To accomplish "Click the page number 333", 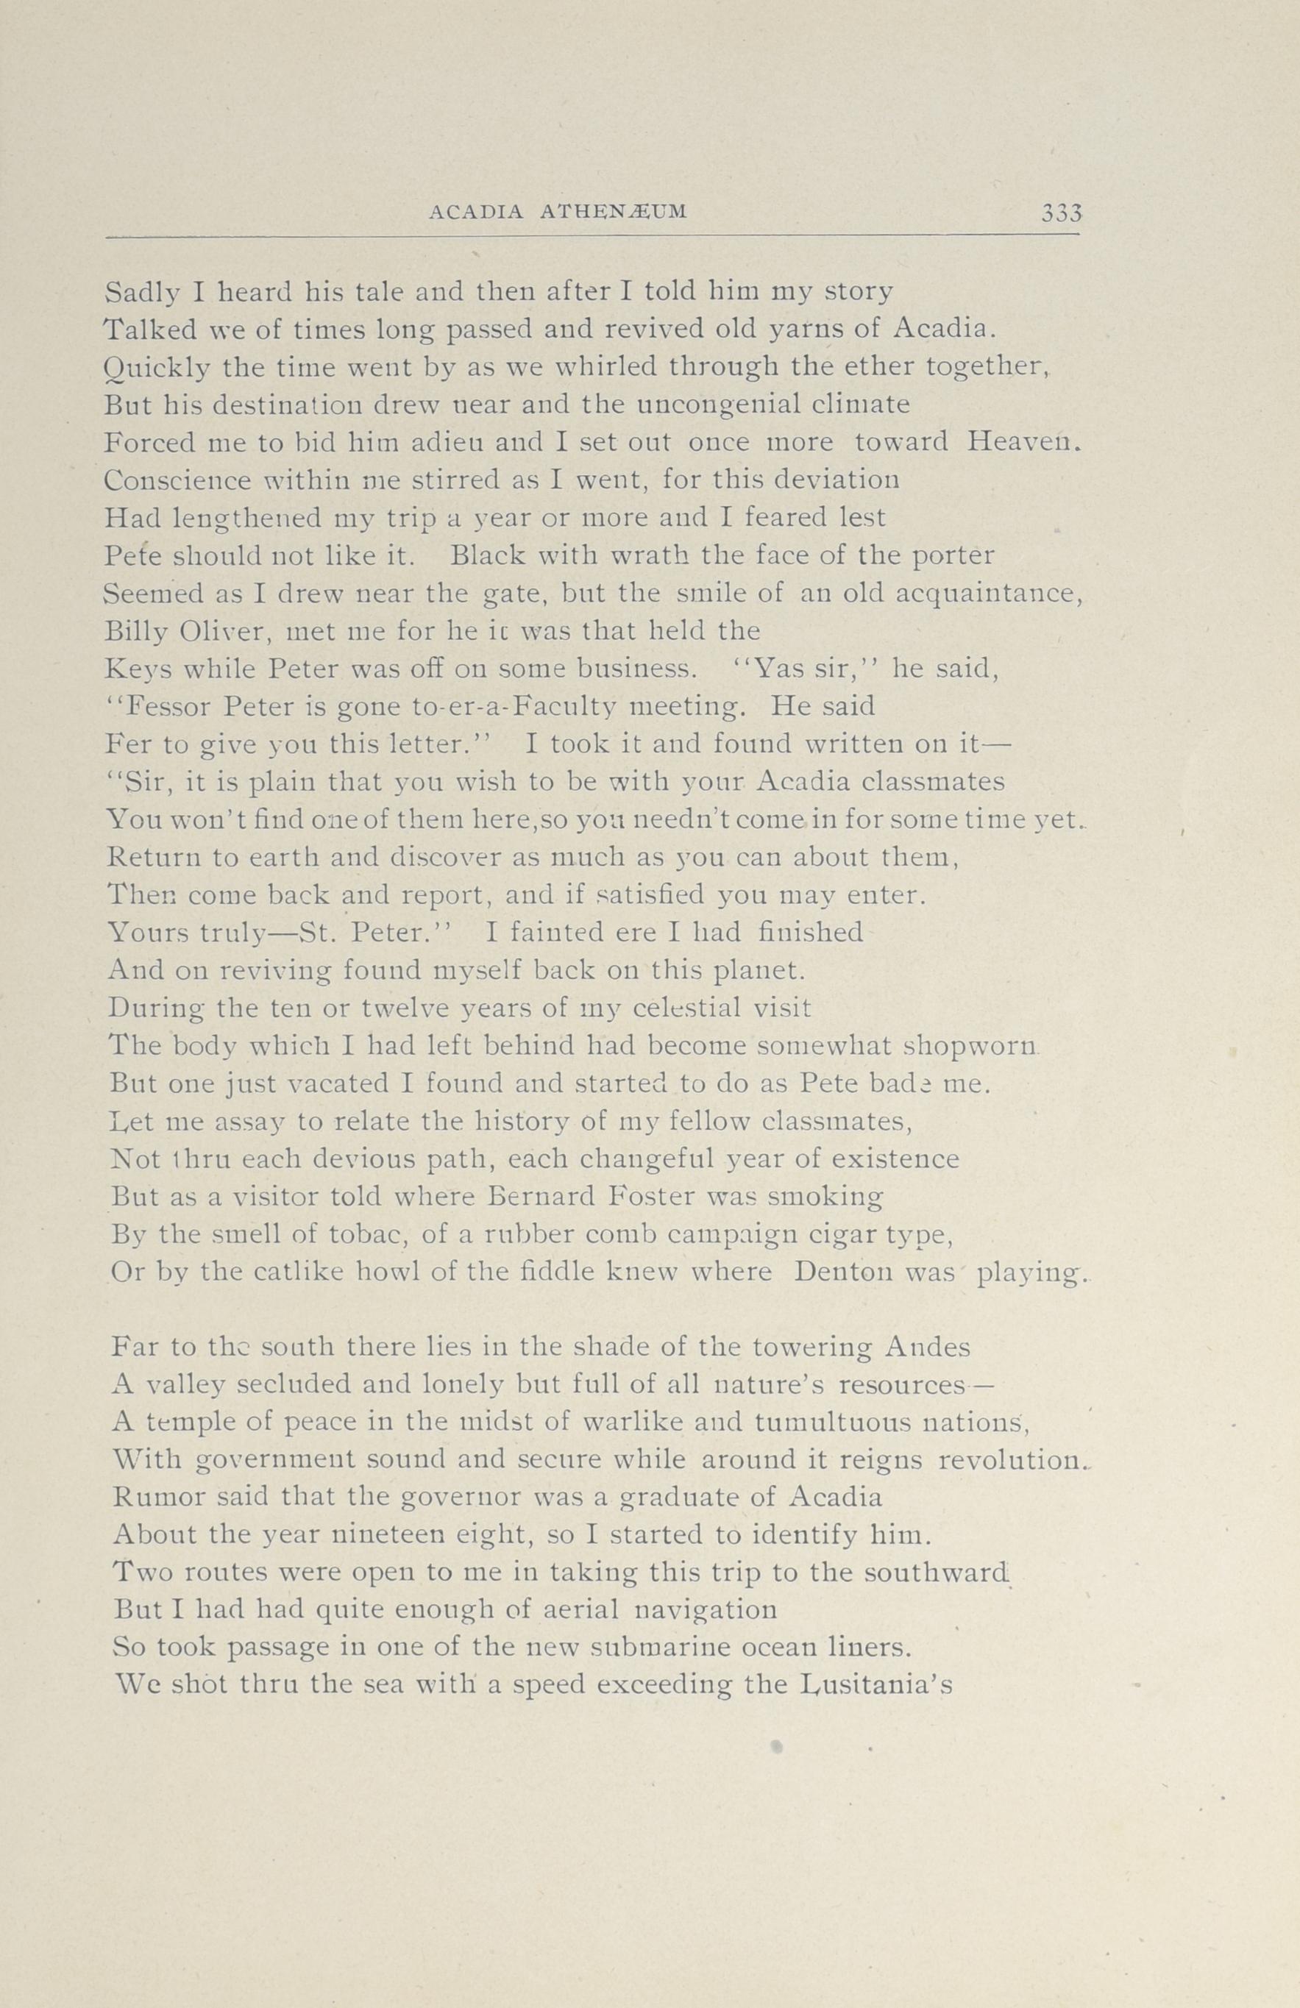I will click(1061, 212).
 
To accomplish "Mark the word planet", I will click(759, 970).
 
